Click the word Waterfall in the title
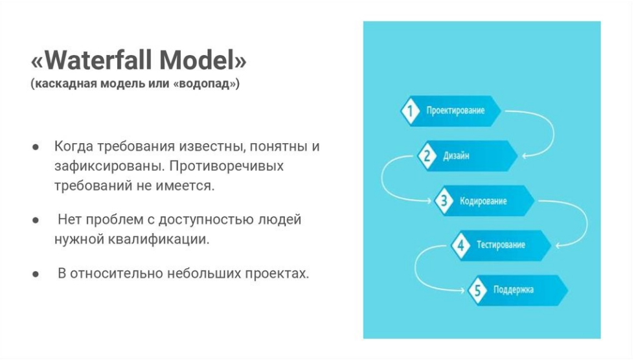click(x=98, y=60)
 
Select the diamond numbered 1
click(x=410, y=111)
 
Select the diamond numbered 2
click(x=427, y=155)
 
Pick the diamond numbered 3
click(x=444, y=201)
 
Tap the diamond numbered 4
click(x=460, y=245)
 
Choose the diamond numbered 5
click(x=477, y=290)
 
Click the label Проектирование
click(x=455, y=111)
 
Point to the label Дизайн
click(x=456, y=155)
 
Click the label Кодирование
click(x=483, y=201)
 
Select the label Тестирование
click(x=501, y=245)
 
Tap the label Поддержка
click(x=514, y=290)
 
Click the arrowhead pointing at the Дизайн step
click(x=525, y=156)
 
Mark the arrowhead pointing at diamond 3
click(x=428, y=201)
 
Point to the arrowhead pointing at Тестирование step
click(x=558, y=245)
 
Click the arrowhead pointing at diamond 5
click(x=462, y=290)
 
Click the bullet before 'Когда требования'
click(x=36, y=147)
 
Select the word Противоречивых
click(x=226, y=166)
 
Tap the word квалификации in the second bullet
click(x=159, y=240)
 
